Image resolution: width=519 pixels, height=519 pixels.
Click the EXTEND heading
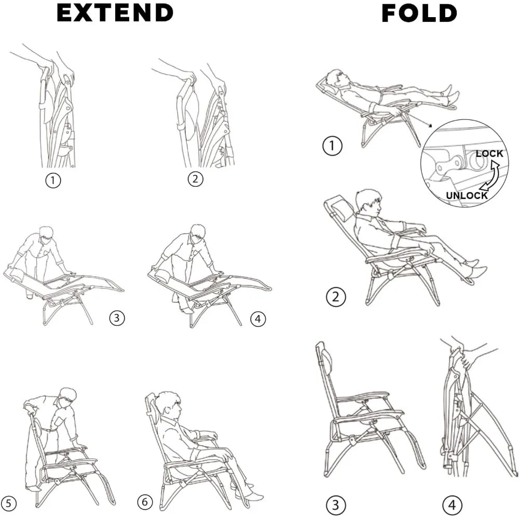pos(115,13)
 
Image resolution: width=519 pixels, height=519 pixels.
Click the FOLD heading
pos(419,13)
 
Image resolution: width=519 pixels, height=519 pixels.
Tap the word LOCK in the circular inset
pos(489,154)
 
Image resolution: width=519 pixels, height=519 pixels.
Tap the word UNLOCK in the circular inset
pos(467,195)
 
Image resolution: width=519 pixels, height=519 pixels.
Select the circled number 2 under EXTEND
pos(195,179)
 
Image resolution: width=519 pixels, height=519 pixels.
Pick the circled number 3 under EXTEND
pos(117,318)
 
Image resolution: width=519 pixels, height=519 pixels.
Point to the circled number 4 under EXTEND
pos(258,319)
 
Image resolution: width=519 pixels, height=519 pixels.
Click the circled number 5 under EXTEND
pos(9,502)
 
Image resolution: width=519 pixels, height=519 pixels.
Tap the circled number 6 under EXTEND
pos(145,502)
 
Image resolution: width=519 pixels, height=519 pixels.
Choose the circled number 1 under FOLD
pos(332,146)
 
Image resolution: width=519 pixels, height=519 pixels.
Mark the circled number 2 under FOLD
pos(335,297)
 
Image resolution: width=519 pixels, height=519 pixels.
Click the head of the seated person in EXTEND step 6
pos(168,404)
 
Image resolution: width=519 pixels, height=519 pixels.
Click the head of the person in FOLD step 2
pos(368,201)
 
